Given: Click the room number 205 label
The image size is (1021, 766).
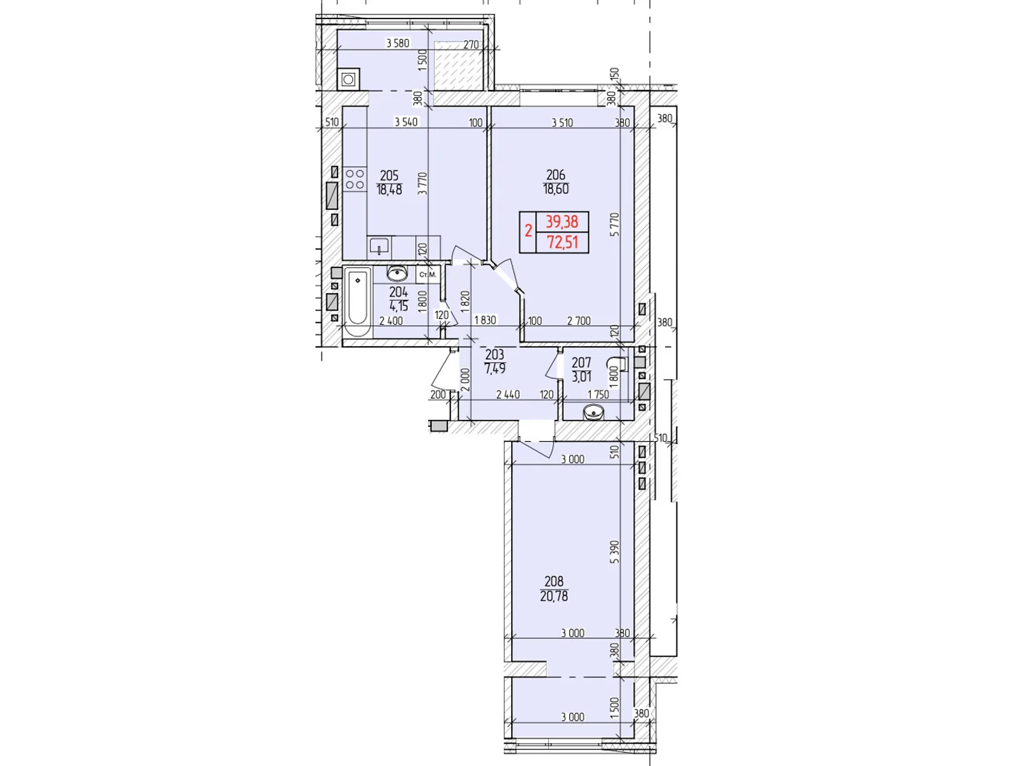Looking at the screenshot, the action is (x=389, y=176).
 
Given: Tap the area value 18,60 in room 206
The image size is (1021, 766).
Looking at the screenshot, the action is (x=556, y=190).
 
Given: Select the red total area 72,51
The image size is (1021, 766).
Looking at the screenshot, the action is (x=562, y=243).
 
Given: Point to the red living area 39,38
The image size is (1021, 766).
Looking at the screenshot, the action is (x=562, y=222).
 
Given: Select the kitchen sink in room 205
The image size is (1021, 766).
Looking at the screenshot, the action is (x=379, y=246).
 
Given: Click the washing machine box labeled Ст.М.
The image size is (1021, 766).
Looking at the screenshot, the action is (x=428, y=274).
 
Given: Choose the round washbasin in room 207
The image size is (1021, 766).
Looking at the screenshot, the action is (x=593, y=412).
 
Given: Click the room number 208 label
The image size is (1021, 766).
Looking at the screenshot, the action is (x=554, y=582).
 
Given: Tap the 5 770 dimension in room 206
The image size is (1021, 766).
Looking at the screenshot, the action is (x=615, y=225).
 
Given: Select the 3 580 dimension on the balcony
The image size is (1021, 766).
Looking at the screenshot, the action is (x=398, y=43).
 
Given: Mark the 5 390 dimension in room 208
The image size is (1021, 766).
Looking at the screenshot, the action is (x=615, y=552).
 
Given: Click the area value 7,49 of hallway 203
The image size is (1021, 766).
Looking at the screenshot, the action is (x=495, y=369).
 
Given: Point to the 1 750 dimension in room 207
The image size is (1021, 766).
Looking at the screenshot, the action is (x=598, y=394).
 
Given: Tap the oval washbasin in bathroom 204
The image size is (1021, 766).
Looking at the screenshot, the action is (x=398, y=273).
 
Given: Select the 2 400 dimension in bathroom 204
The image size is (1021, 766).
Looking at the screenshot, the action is (x=391, y=321).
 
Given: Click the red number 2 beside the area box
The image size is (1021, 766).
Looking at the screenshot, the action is (x=528, y=230).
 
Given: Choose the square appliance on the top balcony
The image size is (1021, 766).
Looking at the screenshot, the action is (x=348, y=80).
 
